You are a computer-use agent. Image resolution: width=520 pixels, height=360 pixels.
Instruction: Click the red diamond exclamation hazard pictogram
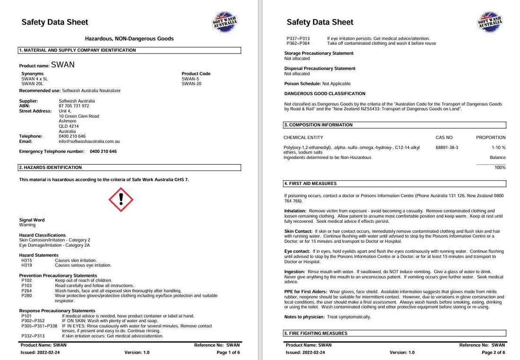tap(121, 199)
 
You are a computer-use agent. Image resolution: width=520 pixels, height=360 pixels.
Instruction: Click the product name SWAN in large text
tap(62, 65)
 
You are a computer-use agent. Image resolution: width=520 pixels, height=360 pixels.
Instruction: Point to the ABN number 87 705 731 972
tap(74, 106)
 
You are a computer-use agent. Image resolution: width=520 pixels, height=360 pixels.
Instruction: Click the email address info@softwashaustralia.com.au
tap(89, 141)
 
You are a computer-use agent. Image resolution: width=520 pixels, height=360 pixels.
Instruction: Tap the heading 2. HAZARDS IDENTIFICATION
tap(51, 167)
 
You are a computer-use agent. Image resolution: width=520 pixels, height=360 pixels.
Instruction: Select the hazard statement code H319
tap(26, 265)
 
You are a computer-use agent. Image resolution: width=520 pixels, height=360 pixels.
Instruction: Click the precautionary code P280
tap(26, 296)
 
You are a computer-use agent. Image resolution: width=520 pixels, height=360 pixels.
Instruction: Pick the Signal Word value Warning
tap(27, 225)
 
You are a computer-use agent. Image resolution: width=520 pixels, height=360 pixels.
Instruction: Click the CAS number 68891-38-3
tap(447, 148)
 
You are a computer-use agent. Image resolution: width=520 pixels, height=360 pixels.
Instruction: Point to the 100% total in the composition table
tap(500, 167)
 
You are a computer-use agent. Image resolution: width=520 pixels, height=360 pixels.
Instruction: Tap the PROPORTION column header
tap(491, 138)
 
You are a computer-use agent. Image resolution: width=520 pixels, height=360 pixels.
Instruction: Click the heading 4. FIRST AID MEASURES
tap(311, 184)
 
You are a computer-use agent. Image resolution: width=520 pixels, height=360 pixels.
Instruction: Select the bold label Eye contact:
tap(297, 251)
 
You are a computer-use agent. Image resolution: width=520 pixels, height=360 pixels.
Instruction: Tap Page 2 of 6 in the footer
tap(493, 352)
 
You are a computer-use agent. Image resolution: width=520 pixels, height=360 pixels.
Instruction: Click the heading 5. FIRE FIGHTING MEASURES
tap(316, 334)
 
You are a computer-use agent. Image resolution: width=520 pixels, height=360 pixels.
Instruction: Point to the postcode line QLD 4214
tap(69, 126)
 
